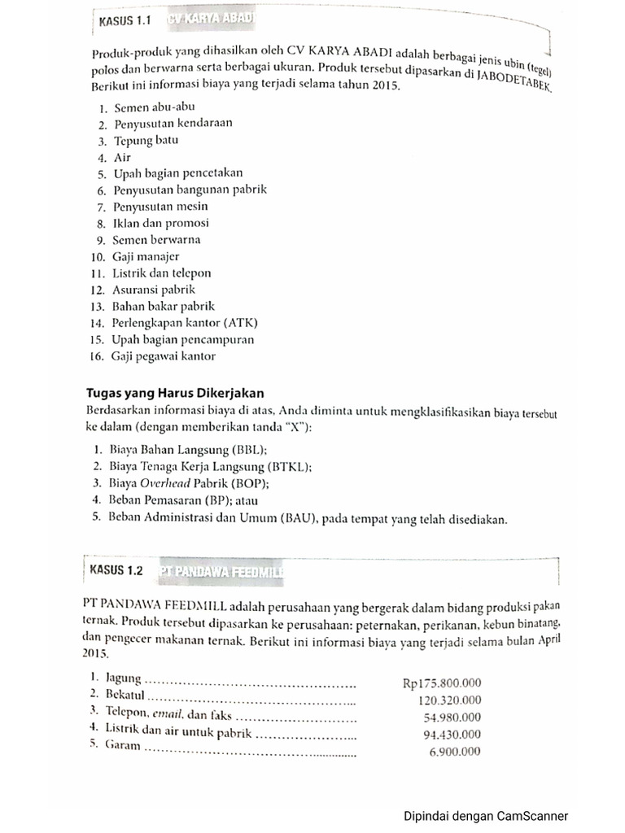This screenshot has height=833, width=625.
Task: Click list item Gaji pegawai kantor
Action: [x=164, y=356]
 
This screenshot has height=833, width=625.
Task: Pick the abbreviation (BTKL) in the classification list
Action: [x=290, y=466]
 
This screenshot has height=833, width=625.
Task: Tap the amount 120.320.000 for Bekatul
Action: [x=450, y=700]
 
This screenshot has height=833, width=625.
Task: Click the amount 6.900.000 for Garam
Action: [x=455, y=752]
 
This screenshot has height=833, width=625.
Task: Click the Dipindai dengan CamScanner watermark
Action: [x=486, y=816]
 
